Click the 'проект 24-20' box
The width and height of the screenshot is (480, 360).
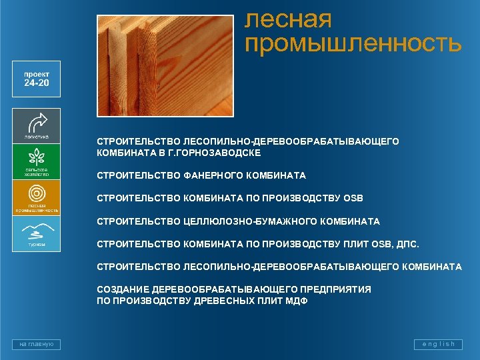coord(36,79)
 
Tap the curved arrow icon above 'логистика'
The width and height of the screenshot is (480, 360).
coord(36,121)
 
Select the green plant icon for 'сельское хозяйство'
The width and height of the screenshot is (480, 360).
coord(36,157)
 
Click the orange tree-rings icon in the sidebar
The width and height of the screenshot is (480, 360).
coord(36,193)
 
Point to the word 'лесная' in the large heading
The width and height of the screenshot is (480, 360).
coord(288,19)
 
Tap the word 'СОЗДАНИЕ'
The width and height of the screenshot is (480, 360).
coord(123,290)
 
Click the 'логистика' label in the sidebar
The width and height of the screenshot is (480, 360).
coord(36,137)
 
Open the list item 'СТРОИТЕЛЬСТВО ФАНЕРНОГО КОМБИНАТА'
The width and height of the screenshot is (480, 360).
coord(201,176)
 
